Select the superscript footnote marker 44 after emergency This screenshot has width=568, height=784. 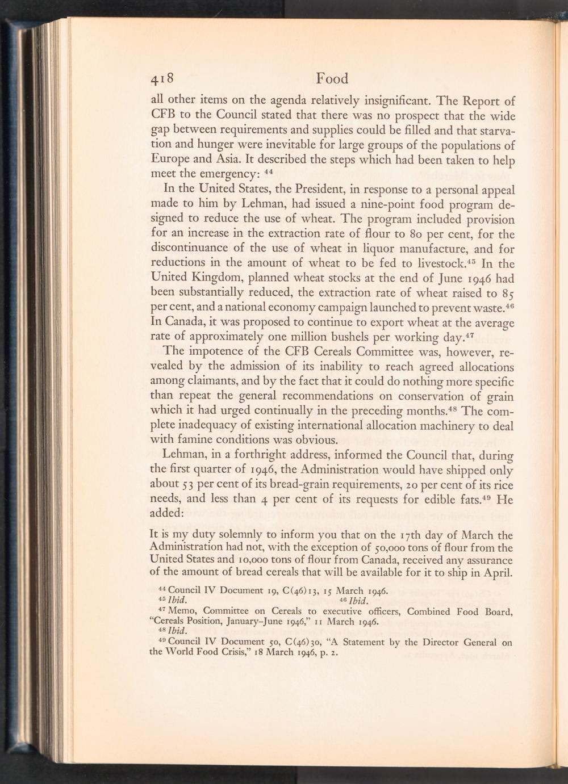coord(270,170)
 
